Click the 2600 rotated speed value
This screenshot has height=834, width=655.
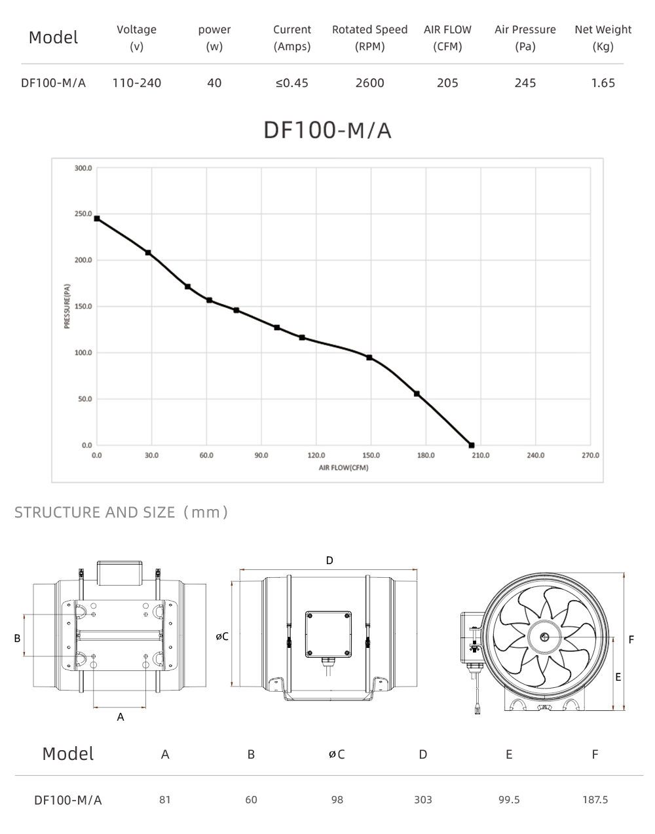[369, 83]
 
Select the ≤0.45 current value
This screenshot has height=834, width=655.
[292, 83]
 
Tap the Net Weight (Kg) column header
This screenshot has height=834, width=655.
[603, 37]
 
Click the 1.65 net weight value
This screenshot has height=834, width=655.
[603, 83]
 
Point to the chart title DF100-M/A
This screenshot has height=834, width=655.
[327, 130]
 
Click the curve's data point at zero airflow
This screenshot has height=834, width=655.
[97, 218]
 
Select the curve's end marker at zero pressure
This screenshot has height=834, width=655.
[472, 445]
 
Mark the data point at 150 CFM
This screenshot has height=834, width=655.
[369, 358]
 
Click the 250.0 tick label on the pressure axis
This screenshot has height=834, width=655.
[83, 214]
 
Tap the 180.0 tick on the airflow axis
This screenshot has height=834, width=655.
[426, 455]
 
